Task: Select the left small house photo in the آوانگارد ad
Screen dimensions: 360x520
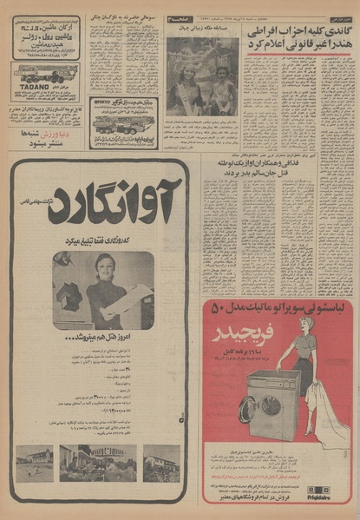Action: (35, 463)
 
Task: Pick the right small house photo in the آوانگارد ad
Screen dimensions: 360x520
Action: (161, 463)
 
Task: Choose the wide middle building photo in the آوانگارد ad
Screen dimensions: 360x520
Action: (97, 463)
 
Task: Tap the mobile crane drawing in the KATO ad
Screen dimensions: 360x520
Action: (121, 123)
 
